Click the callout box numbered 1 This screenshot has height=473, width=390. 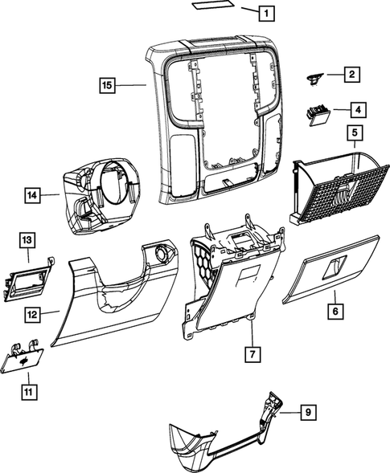(265, 13)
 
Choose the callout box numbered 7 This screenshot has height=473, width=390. (252, 353)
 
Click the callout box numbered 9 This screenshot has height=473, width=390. (306, 413)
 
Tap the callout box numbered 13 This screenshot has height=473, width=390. (27, 239)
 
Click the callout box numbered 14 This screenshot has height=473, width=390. (31, 194)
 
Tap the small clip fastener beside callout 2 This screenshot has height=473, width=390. (314, 77)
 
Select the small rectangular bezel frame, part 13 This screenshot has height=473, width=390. (27, 279)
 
